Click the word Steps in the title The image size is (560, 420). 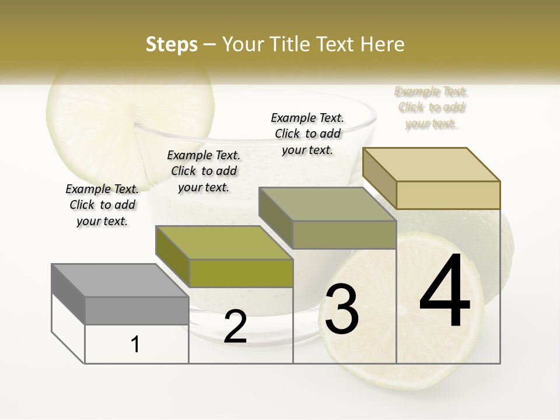point(171,45)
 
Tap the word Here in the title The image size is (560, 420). point(383,45)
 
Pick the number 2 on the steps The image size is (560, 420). point(235,327)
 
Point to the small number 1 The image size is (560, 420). point(135,345)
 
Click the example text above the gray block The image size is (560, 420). point(102,205)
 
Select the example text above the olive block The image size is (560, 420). point(204,171)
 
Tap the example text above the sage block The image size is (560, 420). point(307,134)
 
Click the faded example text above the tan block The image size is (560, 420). point(431,107)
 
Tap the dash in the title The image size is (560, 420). point(210,45)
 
